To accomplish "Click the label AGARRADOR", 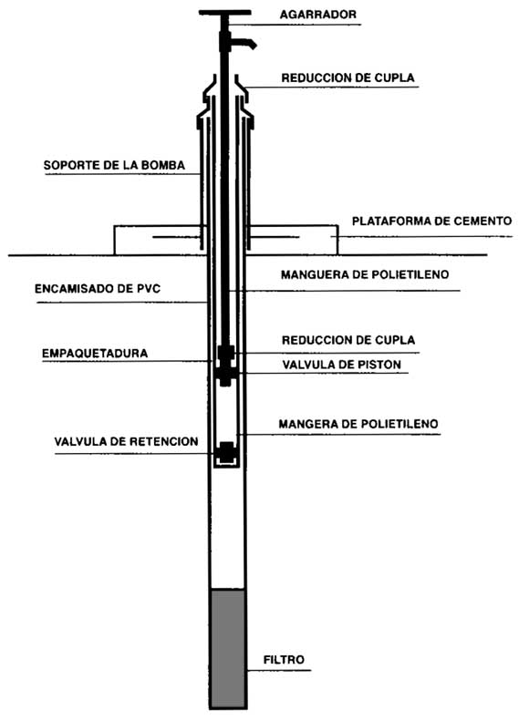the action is [x=318, y=15].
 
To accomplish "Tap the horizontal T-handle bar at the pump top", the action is [x=225, y=13].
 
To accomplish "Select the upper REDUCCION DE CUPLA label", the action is [x=347, y=77].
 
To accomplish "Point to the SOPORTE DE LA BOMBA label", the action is [x=114, y=165].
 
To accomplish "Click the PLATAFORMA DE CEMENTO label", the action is [x=432, y=221].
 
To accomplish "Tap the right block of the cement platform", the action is [x=294, y=240].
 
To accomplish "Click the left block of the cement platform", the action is [x=157, y=240].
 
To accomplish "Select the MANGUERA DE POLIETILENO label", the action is [x=365, y=274].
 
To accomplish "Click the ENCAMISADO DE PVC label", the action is [x=98, y=288].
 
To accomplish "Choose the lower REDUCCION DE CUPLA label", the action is [x=348, y=340].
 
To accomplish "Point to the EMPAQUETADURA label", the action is [x=95, y=353].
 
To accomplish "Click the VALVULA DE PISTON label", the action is [x=342, y=365].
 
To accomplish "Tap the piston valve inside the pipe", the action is [x=225, y=374].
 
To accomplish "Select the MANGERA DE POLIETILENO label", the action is [x=358, y=424].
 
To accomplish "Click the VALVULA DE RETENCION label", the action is [x=126, y=441].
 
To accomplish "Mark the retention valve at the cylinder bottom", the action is [x=227, y=452].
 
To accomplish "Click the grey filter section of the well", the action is [x=227, y=647].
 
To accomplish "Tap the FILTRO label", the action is [x=284, y=659].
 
